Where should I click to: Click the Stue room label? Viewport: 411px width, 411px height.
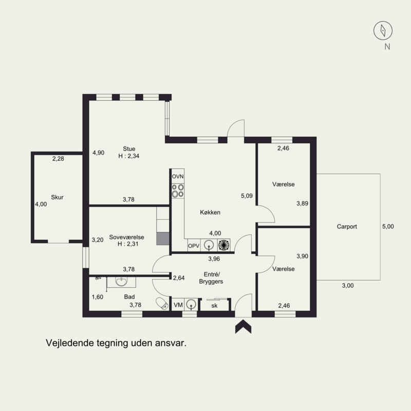pyautogui.click(x=129, y=149)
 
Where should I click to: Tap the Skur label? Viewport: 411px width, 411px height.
pyautogui.click(x=57, y=197)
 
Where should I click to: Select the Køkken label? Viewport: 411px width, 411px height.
pyautogui.click(x=210, y=212)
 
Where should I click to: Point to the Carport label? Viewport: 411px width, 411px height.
pyautogui.click(x=347, y=227)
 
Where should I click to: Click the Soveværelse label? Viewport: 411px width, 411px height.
pyautogui.click(x=126, y=237)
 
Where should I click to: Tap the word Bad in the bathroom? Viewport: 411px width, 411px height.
pyautogui.click(x=129, y=297)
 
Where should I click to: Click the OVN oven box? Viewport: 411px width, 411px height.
pyautogui.click(x=178, y=176)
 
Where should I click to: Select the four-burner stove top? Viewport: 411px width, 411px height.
pyautogui.click(x=178, y=191)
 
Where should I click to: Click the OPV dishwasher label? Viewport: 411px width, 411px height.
pyautogui.click(x=194, y=246)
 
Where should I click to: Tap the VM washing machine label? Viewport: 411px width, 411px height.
pyautogui.click(x=178, y=305)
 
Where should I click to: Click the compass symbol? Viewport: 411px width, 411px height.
pyautogui.click(x=383, y=30)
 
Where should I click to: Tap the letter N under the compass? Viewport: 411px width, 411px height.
pyautogui.click(x=387, y=47)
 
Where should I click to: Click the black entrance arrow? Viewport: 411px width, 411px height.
pyautogui.click(x=243, y=326)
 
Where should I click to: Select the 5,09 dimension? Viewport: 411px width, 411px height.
pyautogui.click(x=247, y=196)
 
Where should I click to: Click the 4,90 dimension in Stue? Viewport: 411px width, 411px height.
pyautogui.click(x=98, y=153)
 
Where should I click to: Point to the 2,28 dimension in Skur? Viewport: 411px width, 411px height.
pyautogui.click(x=58, y=159)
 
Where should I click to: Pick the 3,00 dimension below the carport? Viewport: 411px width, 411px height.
pyautogui.click(x=348, y=286)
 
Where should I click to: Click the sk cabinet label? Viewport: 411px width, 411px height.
pyautogui.click(x=214, y=305)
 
